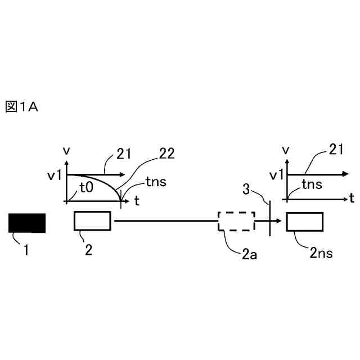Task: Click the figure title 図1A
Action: tap(21, 107)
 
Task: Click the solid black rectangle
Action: tap(26, 223)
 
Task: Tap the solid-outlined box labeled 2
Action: tap(92, 221)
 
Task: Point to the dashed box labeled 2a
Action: tap(237, 222)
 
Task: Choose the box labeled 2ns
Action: tap(304, 222)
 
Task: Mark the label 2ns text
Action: tap(321, 253)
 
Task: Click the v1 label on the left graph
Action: tap(55, 175)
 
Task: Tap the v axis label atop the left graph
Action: tap(67, 151)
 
